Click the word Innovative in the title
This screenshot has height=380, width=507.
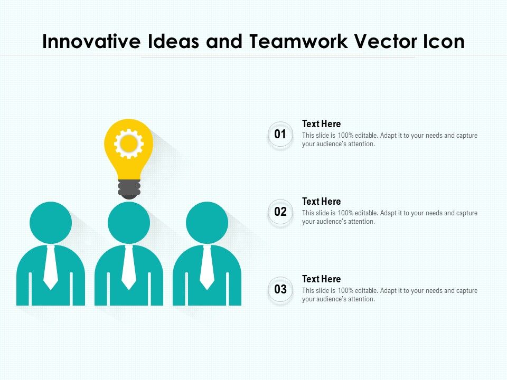pyautogui.click(x=91, y=41)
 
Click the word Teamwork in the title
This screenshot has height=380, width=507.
pyautogui.click(x=298, y=41)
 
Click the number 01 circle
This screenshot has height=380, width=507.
pyautogui.click(x=280, y=134)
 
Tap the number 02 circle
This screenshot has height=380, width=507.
pyautogui.click(x=280, y=212)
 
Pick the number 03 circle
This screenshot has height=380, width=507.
pyautogui.click(x=280, y=289)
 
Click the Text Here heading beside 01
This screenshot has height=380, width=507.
pyautogui.click(x=322, y=123)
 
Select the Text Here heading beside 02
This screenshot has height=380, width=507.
pyautogui.click(x=322, y=201)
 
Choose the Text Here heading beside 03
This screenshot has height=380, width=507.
pyautogui.click(x=322, y=279)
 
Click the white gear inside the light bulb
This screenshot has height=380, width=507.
pyautogui.click(x=129, y=144)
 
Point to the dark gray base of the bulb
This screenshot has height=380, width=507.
pyautogui.click(x=129, y=189)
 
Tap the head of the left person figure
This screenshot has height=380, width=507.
pyautogui.click(x=51, y=223)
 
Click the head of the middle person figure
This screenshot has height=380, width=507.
pyautogui.click(x=129, y=223)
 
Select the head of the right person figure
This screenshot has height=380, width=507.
pyautogui.click(x=207, y=223)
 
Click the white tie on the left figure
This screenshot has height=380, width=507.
pyautogui.click(x=51, y=267)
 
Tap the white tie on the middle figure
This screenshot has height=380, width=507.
pyautogui.click(x=129, y=267)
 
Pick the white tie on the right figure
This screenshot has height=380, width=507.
pyautogui.click(x=207, y=267)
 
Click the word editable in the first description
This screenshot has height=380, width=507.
pyautogui.click(x=367, y=136)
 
